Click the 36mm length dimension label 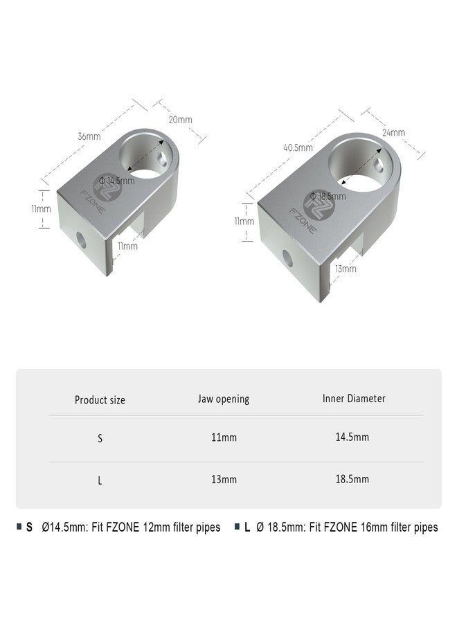click(x=89, y=136)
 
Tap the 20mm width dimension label click(x=181, y=120)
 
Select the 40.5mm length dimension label click(x=298, y=147)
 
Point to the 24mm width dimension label click(x=393, y=133)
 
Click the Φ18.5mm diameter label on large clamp click(x=328, y=196)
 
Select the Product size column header click(x=100, y=400)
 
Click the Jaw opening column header click(x=223, y=399)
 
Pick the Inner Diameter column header click(x=354, y=399)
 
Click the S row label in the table click(x=100, y=439)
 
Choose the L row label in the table click(x=100, y=480)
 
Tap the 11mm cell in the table click(x=223, y=438)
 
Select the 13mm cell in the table click(x=223, y=479)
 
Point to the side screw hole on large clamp click(x=289, y=258)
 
